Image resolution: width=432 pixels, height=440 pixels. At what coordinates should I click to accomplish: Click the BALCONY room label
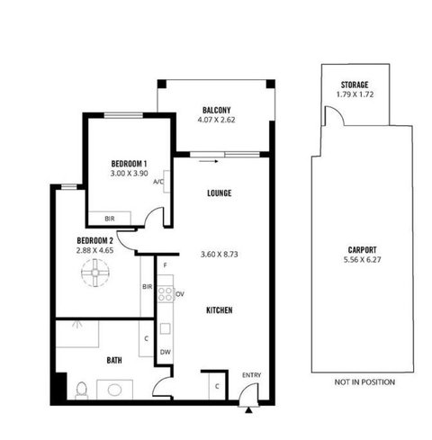[x=216, y=110]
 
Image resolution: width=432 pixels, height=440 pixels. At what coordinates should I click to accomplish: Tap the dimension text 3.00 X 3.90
[x=129, y=173]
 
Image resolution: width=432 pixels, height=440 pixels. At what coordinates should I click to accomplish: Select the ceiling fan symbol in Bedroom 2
[x=95, y=273]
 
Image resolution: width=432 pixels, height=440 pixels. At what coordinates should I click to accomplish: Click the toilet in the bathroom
[x=81, y=391]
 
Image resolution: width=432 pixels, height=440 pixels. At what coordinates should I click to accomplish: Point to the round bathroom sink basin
[x=114, y=391]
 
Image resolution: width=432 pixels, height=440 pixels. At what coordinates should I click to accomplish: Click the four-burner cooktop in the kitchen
[x=166, y=293]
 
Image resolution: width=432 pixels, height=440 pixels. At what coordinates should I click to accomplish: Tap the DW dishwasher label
[x=165, y=352]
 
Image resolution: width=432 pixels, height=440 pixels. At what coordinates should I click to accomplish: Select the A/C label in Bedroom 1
[x=158, y=182]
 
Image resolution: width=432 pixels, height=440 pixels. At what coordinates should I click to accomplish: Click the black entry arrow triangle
[x=248, y=410]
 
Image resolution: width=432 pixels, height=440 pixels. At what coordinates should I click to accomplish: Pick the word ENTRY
[x=252, y=375]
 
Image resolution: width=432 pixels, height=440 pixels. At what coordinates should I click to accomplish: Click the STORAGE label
[x=355, y=85]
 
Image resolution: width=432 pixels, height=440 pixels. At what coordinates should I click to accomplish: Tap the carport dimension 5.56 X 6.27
[x=362, y=260]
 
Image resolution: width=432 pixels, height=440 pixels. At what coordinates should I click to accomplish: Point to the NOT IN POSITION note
[x=364, y=382]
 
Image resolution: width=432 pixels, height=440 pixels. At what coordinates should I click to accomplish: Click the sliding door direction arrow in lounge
[x=209, y=161]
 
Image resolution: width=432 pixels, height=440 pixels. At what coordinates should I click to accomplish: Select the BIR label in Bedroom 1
[x=110, y=219]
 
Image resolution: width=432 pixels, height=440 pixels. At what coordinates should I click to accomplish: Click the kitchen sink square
[x=166, y=328]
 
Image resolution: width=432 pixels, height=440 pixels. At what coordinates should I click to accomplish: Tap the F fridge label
[x=166, y=265]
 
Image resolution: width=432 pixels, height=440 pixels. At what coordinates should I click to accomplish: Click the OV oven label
[x=180, y=294]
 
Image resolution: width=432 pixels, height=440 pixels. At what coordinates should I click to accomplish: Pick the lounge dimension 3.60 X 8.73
[x=220, y=255]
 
